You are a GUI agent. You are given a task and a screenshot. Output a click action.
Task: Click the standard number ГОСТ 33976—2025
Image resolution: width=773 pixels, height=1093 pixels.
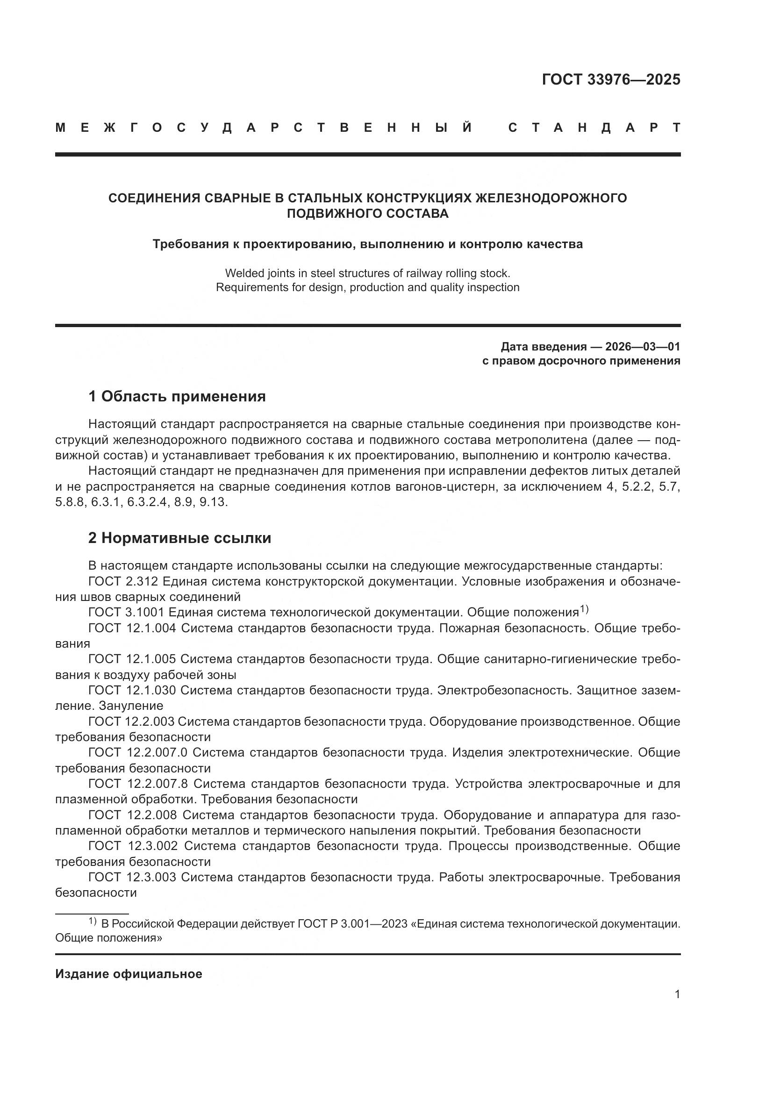[x=611, y=79]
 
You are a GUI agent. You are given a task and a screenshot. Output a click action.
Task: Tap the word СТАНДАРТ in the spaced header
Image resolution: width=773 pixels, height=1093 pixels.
[x=594, y=128]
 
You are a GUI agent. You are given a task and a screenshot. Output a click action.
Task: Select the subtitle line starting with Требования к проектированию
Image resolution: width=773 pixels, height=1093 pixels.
[x=367, y=244]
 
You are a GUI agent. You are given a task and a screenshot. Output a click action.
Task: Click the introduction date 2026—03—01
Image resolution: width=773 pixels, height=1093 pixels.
[x=643, y=346]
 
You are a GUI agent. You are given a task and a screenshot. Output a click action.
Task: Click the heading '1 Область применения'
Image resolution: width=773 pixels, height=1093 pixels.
[x=177, y=396]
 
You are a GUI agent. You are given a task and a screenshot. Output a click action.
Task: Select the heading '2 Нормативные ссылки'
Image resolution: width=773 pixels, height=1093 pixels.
[x=179, y=538]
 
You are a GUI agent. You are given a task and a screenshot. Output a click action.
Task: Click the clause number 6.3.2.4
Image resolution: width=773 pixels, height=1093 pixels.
[x=148, y=502]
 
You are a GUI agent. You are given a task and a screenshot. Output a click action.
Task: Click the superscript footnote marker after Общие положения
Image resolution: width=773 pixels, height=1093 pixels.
[x=584, y=609]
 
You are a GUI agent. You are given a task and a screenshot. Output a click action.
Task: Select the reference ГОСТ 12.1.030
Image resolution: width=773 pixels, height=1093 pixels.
[x=132, y=690]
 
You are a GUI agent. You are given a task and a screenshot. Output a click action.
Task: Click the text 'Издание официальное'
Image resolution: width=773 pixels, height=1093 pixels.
[x=129, y=974]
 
